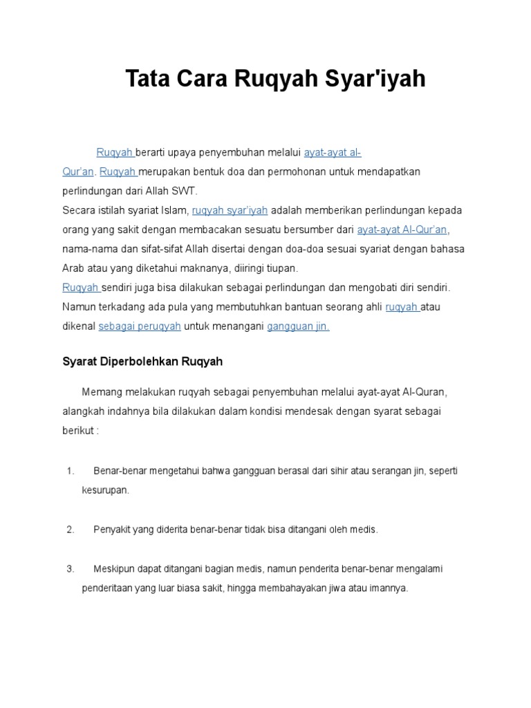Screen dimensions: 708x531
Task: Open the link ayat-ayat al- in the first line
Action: pyautogui.click(x=333, y=152)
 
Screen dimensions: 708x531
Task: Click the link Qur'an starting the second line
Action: pyautogui.click(x=78, y=171)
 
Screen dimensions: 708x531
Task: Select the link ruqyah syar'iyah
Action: pyautogui.click(x=230, y=209)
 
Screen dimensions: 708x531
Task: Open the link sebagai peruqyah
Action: pyautogui.click(x=140, y=326)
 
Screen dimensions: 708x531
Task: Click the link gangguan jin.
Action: pyautogui.click(x=298, y=326)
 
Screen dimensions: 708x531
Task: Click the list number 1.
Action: pyautogui.click(x=71, y=471)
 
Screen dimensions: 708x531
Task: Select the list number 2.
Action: pyautogui.click(x=71, y=530)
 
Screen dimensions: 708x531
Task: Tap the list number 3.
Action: pyautogui.click(x=71, y=569)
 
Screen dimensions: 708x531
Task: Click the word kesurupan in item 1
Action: pyautogui.click(x=105, y=490)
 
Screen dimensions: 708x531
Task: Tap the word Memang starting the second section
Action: pyautogui.click(x=100, y=392)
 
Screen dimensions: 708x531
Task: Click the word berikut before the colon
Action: pyautogui.click(x=77, y=431)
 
